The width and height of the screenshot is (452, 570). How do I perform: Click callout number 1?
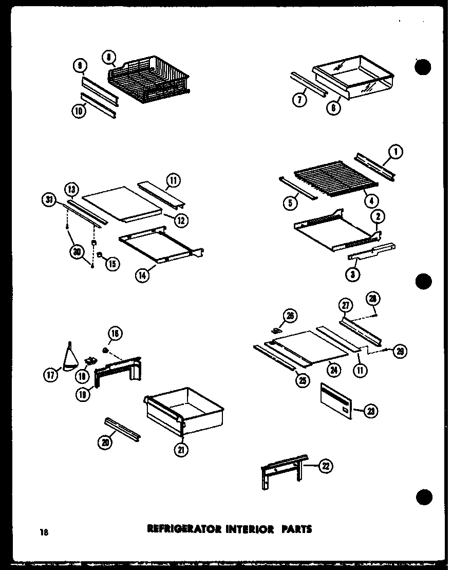pyautogui.click(x=396, y=151)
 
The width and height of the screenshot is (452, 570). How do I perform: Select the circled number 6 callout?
pyautogui.click(x=335, y=108)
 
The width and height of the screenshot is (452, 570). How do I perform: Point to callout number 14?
pyautogui.click(x=142, y=275)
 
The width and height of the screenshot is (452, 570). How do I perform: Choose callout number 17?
pyautogui.click(x=51, y=376)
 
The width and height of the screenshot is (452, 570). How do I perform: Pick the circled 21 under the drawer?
pyautogui.click(x=181, y=450)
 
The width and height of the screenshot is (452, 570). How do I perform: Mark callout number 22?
pyautogui.click(x=326, y=466)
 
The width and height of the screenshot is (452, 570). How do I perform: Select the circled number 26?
pyautogui.click(x=290, y=316)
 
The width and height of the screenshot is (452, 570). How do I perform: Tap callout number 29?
pyautogui.click(x=400, y=352)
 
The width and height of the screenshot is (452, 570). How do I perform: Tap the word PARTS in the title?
pyautogui.click(x=296, y=528)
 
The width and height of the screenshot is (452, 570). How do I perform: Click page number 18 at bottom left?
pyautogui.click(x=45, y=532)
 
